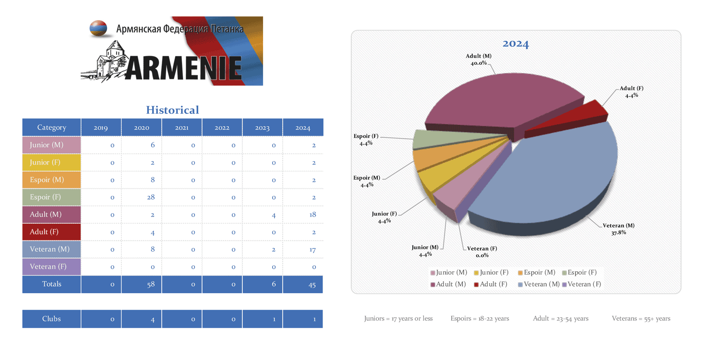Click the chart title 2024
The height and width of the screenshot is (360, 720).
pyautogui.click(x=516, y=44)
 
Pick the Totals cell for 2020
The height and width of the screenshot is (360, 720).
pyautogui.click(x=142, y=284)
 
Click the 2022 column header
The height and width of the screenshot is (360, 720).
pyautogui.click(x=222, y=128)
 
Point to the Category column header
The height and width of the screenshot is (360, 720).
pyautogui.click(x=51, y=128)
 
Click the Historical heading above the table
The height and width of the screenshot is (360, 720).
pyautogui.click(x=172, y=110)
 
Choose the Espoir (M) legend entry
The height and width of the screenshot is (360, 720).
pyautogui.click(x=537, y=273)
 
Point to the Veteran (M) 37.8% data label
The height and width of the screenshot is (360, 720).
pyautogui.click(x=618, y=229)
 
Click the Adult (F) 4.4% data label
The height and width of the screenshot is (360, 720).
pyautogui.click(x=631, y=92)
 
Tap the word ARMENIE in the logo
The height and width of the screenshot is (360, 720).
pyautogui.click(x=185, y=68)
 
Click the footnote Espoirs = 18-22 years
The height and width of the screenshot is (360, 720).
pyautogui.click(x=480, y=318)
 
